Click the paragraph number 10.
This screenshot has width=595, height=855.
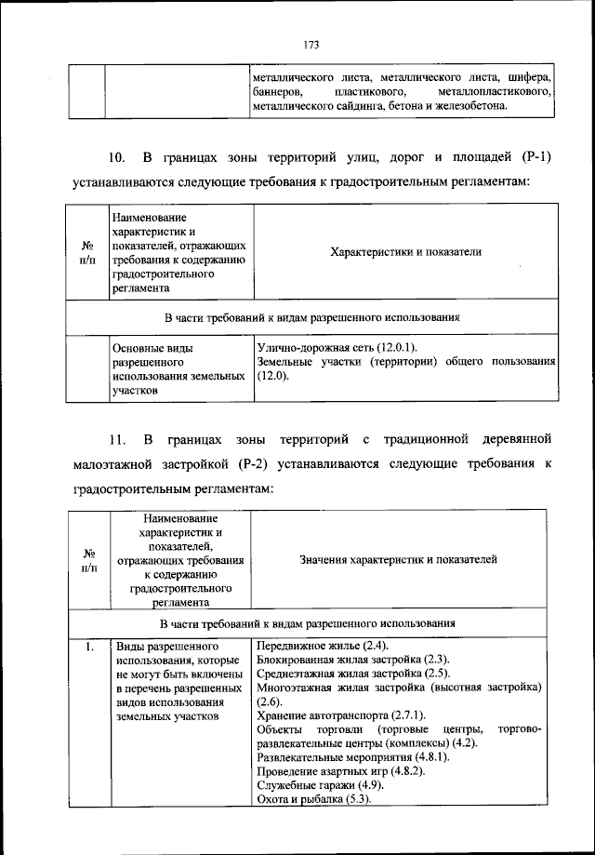[x=116, y=155]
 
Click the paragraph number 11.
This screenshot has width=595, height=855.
[x=116, y=437]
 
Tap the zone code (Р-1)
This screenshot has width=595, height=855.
[x=531, y=155]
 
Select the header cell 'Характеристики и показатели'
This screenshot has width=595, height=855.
[x=404, y=251]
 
